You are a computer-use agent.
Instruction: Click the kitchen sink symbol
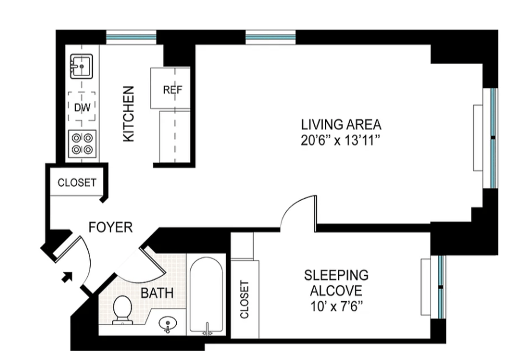82,66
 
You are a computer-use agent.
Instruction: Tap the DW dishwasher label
82,107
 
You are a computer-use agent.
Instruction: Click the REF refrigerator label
172,90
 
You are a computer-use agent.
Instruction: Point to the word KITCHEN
128,114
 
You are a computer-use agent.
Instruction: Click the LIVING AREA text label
341,125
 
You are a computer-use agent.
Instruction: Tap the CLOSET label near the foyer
77,182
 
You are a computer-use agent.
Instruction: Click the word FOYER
110,227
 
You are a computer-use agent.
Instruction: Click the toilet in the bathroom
122,309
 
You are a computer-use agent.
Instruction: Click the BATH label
156,293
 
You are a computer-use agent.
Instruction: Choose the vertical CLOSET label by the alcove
244,299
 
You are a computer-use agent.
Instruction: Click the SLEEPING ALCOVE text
336,283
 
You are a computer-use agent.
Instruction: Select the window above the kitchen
131,37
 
